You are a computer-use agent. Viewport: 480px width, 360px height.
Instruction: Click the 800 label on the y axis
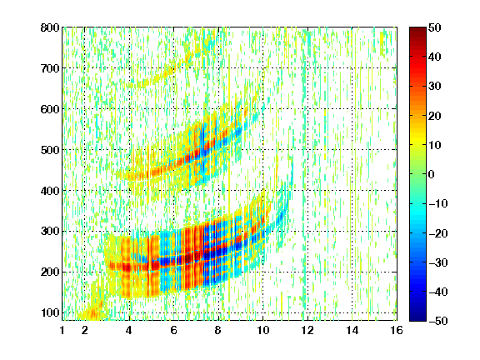[x=50, y=27]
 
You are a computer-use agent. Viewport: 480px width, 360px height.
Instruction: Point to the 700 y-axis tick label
[x=50, y=68]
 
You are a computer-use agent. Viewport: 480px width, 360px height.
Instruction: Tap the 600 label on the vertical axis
[x=50, y=109]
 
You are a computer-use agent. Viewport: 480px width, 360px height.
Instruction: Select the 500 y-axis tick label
[x=50, y=150]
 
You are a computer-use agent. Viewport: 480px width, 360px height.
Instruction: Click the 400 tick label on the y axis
[x=50, y=191]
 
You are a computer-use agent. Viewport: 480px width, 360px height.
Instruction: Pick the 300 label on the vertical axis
[x=50, y=231]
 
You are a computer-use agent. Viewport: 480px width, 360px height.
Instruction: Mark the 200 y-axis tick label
[x=50, y=272]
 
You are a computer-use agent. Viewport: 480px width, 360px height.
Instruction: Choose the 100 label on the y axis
[x=50, y=312]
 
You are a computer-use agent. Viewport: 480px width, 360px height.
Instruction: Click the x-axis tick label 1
[x=62, y=330]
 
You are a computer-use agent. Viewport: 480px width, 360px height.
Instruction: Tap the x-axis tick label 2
[x=85, y=330]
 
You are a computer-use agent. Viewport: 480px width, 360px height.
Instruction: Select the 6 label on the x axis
[x=174, y=330]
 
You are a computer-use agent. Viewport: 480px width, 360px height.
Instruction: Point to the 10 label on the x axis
[x=262, y=330]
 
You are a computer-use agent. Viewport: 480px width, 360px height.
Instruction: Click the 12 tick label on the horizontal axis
[x=307, y=330]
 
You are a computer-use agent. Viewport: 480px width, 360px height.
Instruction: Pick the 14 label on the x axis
[x=352, y=330]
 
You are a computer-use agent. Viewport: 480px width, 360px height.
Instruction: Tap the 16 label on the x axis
[x=397, y=330]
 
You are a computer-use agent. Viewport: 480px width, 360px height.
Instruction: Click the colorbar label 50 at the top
[x=434, y=27]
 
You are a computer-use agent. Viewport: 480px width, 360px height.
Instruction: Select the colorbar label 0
[x=432, y=174]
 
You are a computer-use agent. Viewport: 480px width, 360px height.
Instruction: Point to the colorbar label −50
[x=438, y=321]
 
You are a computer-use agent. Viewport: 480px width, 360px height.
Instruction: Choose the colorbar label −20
[x=438, y=233]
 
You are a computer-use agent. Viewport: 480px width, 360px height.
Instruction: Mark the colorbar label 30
[x=434, y=86]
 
